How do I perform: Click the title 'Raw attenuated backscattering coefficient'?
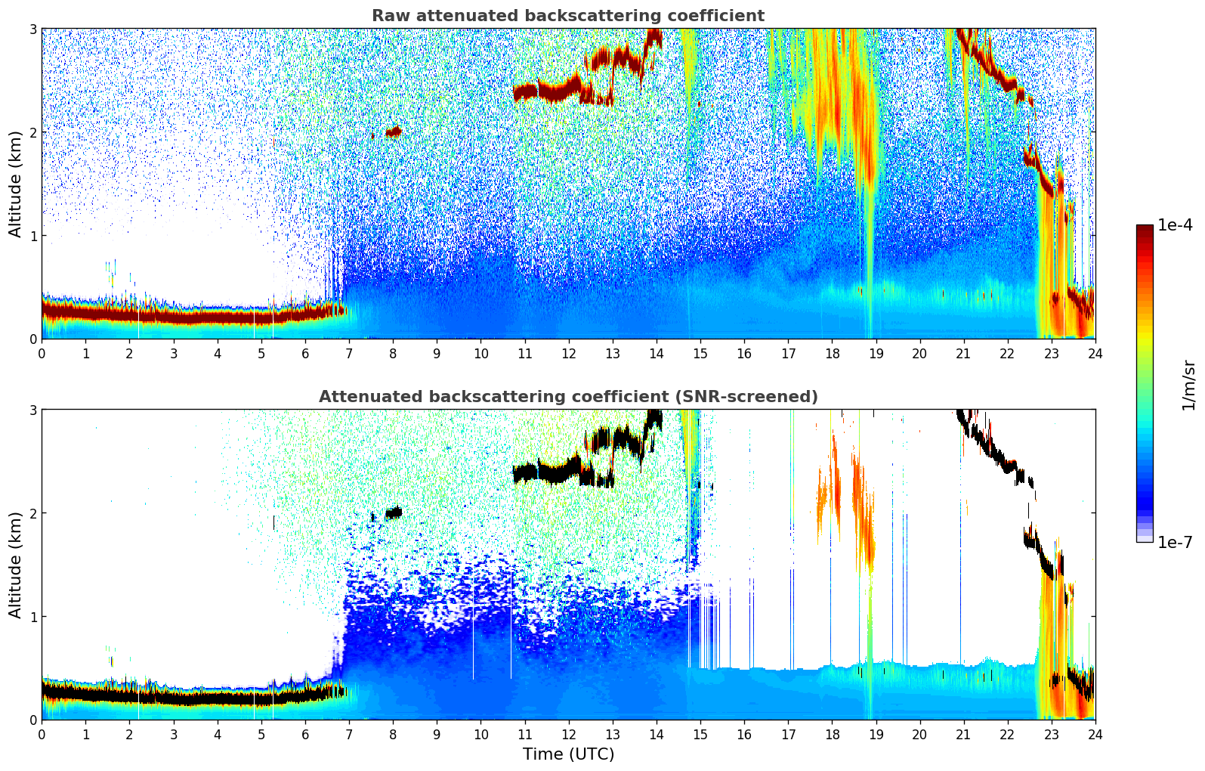tap(568, 16)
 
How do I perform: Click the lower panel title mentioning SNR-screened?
tap(568, 397)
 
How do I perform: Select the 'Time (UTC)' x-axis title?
tap(568, 754)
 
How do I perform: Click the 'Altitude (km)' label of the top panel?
tap(15, 184)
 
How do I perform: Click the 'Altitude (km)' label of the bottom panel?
tap(15, 565)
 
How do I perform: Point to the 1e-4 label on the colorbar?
tap(1175, 225)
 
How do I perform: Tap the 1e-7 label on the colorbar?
tap(1175, 542)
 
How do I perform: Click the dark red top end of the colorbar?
tap(1145, 228)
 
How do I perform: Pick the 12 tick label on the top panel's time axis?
tap(568, 353)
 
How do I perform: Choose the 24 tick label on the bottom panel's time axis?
tap(1095, 734)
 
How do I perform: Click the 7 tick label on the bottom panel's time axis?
tap(349, 734)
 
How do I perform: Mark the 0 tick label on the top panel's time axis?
tap(42, 353)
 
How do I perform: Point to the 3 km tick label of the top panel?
tap(32, 29)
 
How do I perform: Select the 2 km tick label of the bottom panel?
tap(32, 513)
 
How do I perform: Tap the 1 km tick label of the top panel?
tap(32, 236)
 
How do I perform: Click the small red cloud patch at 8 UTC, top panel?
tap(394, 132)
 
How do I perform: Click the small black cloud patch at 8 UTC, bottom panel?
tap(394, 512)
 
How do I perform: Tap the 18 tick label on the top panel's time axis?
tap(832, 353)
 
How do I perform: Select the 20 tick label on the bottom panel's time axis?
tap(919, 734)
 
